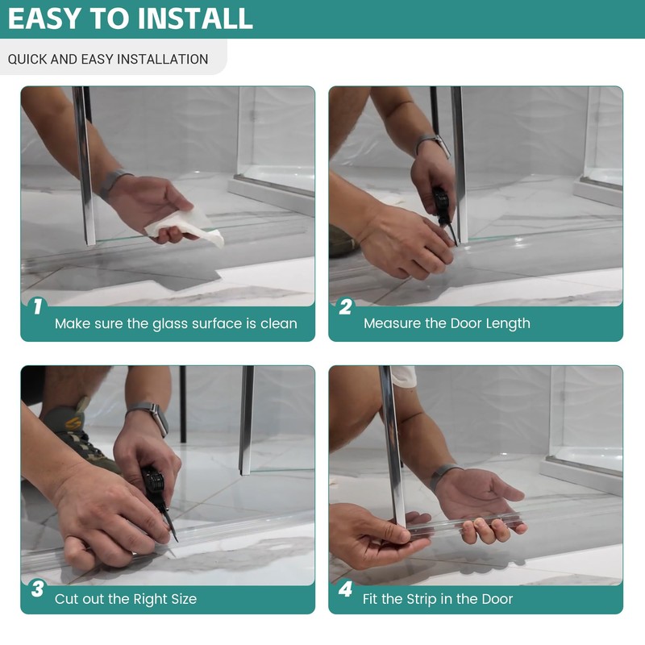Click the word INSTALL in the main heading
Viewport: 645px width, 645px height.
pyautogui.click(x=195, y=19)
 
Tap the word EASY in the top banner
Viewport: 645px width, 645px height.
pyautogui.click(x=44, y=19)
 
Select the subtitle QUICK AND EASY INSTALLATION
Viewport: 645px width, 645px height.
pyautogui.click(x=108, y=59)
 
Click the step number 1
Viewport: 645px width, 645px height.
pyautogui.click(x=38, y=306)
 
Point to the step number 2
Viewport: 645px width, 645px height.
pyautogui.click(x=345, y=306)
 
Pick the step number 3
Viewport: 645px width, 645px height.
pyautogui.click(x=37, y=589)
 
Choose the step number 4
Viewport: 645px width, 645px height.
pyautogui.click(x=345, y=589)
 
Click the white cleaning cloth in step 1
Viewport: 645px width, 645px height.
pyautogui.click(x=186, y=227)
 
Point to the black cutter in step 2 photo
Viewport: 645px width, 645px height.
pyautogui.click(x=443, y=213)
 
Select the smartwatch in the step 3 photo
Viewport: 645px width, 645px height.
pyautogui.click(x=152, y=416)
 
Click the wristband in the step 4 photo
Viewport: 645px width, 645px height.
pyautogui.click(x=444, y=475)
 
